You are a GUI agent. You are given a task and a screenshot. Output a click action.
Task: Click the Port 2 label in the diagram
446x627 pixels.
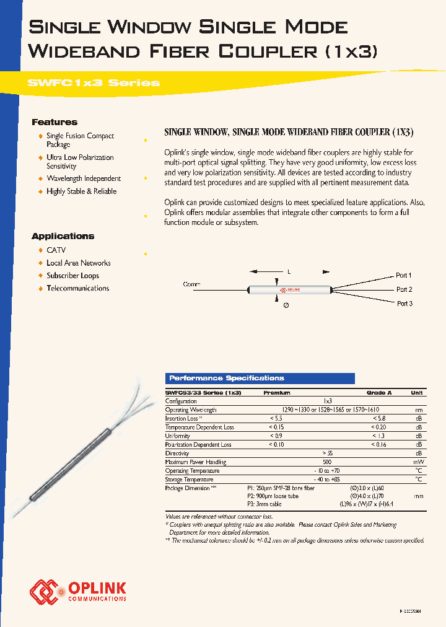pos(404,289)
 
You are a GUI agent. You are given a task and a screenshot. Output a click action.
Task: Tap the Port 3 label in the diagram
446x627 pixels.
pos(404,304)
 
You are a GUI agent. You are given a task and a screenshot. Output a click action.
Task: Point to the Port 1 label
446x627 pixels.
pos(403,275)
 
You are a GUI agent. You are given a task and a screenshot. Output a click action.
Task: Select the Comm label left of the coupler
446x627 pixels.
pos(192,284)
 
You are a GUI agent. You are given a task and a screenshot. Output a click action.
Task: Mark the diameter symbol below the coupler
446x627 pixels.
pos(286,305)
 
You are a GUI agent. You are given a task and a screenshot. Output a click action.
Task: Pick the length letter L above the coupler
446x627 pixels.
pos(289,272)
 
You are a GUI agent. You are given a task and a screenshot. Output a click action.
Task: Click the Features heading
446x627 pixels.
pos(55,122)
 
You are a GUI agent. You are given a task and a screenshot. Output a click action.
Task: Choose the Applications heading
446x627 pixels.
pos(63,236)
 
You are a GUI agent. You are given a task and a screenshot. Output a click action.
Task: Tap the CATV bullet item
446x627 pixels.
pos(56,250)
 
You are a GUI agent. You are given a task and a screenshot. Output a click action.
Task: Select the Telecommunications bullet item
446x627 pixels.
pos(77,288)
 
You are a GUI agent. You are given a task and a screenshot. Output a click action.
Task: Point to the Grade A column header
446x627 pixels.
pos(379,393)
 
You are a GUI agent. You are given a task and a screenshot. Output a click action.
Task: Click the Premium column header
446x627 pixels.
pos(276,393)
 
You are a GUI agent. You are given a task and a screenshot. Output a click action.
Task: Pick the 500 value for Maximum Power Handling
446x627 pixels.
pos(328,462)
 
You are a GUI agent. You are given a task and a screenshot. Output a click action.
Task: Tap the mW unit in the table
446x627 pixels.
pos(419,462)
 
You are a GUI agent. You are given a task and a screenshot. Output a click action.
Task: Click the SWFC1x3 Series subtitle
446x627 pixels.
pos(94,82)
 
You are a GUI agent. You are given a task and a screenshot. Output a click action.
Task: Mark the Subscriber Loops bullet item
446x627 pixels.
pos(72,276)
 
